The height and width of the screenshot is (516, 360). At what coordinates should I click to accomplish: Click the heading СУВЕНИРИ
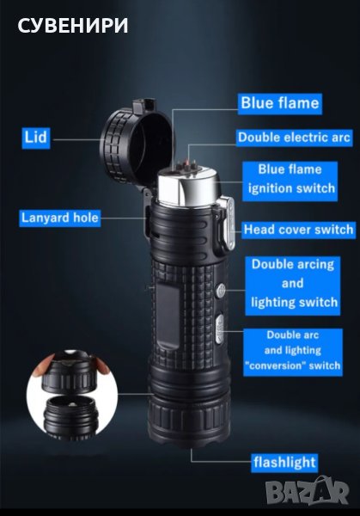click(x=73, y=26)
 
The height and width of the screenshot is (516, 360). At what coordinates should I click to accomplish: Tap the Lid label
click(x=36, y=138)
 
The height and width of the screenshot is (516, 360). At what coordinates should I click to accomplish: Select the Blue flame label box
click(x=280, y=103)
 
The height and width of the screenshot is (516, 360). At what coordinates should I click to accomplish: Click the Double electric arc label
click(x=294, y=138)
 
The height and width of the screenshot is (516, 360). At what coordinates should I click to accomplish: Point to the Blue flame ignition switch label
click(x=290, y=181)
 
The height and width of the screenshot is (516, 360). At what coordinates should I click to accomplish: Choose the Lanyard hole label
click(x=60, y=218)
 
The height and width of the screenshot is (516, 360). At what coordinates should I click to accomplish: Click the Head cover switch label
click(x=298, y=230)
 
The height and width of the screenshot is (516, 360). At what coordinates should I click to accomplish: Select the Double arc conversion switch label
click(x=293, y=352)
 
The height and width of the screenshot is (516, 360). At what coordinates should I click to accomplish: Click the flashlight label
click(x=284, y=462)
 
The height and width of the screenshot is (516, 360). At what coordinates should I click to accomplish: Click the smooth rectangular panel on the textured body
click(x=168, y=316)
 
